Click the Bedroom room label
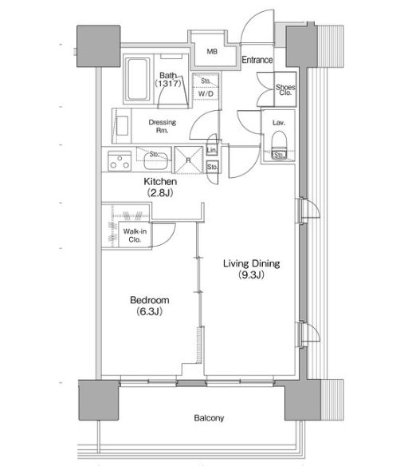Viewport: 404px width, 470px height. pyautogui.click(x=150, y=300)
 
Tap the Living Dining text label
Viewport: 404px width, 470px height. pyautogui.click(x=252, y=263)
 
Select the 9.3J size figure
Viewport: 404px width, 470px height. pyautogui.click(x=251, y=274)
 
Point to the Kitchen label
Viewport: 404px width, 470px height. pyautogui.click(x=160, y=181)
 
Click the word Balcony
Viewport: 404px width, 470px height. pyautogui.click(x=209, y=418)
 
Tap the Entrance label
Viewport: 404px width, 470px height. pyautogui.click(x=257, y=60)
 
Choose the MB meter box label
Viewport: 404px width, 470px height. pyautogui.click(x=212, y=52)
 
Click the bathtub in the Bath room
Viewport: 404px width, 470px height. pyautogui.click(x=138, y=79)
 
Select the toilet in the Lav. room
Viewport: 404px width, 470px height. pyautogui.click(x=279, y=144)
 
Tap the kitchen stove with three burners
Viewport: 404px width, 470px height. pyautogui.click(x=120, y=161)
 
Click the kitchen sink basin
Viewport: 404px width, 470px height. pyautogui.click(x=155, y=161)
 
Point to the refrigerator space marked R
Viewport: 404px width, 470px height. pyautogui.click(x=188, y=160)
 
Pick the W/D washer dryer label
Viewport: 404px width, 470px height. pyautogui.click(x=206, y=94)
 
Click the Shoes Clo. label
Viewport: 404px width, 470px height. pyautogui.click(x=285, y=90)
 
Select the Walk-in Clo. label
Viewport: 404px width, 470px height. pyautogui.click(x=135, y=235)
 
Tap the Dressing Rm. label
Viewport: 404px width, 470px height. pyautogui.click(x=163, y=126)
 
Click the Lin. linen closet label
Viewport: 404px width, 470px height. pyautogui.click(x=212, y=150)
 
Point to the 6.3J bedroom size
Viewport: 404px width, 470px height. pyautogui.click(x=150, y=311)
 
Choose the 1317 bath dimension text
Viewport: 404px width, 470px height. pyautogui.click(x=168, y=83)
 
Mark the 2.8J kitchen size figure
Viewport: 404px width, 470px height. pyautogui.click(x=160, y=193)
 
